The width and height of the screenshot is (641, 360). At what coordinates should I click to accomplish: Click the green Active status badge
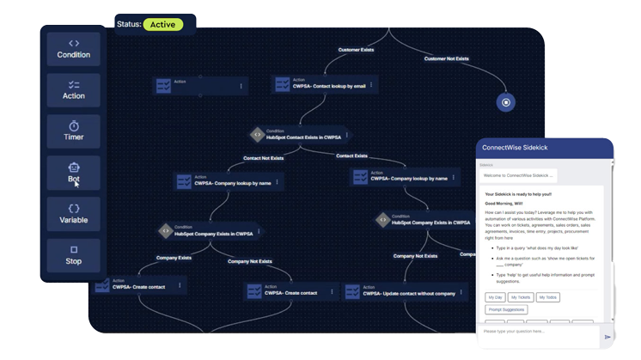pos(162,24)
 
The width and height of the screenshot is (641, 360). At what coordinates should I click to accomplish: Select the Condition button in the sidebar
pos(74,49)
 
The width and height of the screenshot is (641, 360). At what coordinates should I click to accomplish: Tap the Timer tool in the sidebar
pos(74,131)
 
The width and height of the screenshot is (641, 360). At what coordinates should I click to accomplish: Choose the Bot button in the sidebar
pos(74,173)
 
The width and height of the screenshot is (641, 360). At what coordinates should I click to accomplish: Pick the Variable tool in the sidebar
pos(74,214)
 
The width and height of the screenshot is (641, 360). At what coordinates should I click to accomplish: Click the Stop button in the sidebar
pos(74,255)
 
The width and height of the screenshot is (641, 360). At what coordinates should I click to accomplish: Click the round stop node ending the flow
pos(506,103)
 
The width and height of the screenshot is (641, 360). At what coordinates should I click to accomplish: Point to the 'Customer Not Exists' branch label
pos(447,58)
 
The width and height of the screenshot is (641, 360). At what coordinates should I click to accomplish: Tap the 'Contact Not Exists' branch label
pos(263,158)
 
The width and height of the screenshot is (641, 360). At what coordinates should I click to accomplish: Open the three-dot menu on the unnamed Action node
pos(241,85)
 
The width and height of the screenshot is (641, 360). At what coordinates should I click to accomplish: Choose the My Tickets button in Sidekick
pos(521,297)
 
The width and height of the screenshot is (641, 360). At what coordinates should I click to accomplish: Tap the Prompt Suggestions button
pos(506,310)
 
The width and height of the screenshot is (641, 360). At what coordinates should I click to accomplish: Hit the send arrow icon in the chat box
pos(607,338)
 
